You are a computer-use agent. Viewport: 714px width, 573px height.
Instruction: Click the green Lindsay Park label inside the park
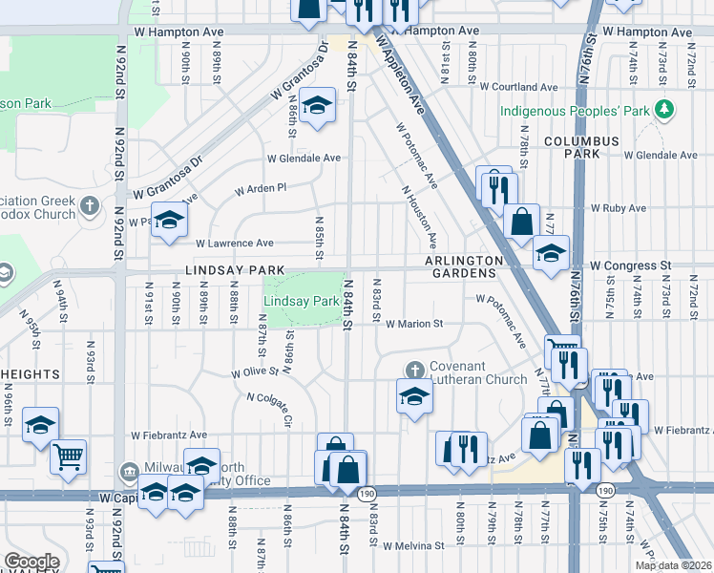coord(302,301)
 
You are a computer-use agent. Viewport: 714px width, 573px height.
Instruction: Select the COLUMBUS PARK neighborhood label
coord(581,147)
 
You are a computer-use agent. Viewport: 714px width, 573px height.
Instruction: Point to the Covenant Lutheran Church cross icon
coord(414,369)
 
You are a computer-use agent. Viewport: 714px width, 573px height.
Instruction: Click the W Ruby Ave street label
coord(618,207)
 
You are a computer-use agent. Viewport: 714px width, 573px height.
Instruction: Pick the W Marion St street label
coord(414,324)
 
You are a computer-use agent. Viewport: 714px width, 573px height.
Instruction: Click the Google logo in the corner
coord(31,562)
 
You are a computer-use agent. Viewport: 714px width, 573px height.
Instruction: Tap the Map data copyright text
coord(673,565)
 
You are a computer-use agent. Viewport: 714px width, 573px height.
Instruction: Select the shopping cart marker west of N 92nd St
coord(68,456)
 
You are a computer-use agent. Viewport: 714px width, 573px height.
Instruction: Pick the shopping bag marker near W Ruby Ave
coord(522,222)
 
